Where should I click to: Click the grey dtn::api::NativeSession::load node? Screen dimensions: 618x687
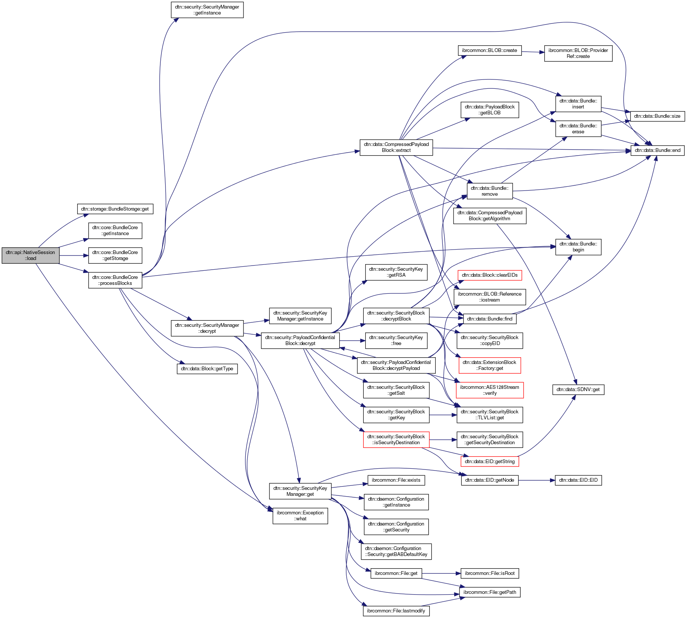pyautogui.click(x=30, y=256)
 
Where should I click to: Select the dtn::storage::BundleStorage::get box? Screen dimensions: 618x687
pyautogui.click(x=115, y=209)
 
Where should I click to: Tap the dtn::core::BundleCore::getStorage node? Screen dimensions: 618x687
pyautogui.click(x=115, y=256)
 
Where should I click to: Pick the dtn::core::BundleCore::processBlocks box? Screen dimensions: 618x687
pyautogui.click(x=115, y=280)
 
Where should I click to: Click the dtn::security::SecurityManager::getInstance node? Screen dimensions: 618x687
pyautogui.click(x=207, y=10)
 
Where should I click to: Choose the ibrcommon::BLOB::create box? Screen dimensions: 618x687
pyautogui.click(x=490, y=51)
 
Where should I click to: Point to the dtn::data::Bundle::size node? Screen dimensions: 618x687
pyautogui.click(x=657, y=116)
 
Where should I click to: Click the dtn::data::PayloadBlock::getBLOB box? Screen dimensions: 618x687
pyautogui.click(x=490, y=110)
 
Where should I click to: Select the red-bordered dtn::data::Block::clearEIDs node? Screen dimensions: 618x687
pyautogui.click(x=490, y=275)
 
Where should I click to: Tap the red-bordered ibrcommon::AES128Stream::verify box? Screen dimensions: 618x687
pyautogui.click(x=490, y=390)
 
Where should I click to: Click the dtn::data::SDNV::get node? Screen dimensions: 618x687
pyautogui.click(x=578, y=390)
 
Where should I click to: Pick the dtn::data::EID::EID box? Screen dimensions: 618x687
pyautogui.click(x=578, y=480)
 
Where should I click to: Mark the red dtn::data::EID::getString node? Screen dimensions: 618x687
pyautogui.click(x=490, y=462)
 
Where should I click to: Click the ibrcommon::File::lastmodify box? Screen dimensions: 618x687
pyautogui.click(x=396, y=611)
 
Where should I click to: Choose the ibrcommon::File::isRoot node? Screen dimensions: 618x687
pyautogui.click(x=490, y=573)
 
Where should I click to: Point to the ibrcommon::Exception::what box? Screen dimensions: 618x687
pyautogui.click(x=300, y=516)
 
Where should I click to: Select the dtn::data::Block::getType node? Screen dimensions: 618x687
pyautogui.click(x=207, y=369)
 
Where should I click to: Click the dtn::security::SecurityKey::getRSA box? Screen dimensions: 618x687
pyautogui.click(x=396, y=272)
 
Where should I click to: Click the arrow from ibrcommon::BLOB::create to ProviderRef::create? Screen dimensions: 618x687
pyautogui.click(x=533, y=52)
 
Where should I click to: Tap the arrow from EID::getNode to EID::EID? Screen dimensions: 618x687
pyautogui.click(x=536, y=480)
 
